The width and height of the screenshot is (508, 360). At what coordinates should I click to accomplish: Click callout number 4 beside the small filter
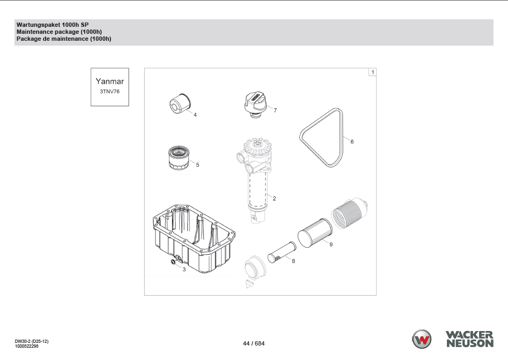[195, 115]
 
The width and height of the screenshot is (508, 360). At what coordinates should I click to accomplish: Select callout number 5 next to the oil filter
[197, 165]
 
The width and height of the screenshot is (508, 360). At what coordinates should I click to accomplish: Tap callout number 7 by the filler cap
[275, 111]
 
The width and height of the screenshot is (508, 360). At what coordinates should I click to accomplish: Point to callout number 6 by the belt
[352, 142]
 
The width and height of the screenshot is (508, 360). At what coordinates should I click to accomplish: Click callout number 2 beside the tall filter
[274, 199]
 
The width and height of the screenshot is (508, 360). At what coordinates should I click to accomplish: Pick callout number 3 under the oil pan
[184, 269]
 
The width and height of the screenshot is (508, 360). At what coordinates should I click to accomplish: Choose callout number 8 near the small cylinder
[293, 261]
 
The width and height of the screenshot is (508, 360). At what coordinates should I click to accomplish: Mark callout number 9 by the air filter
[331, 244]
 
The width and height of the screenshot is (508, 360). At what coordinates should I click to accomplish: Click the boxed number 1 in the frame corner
[373, 72]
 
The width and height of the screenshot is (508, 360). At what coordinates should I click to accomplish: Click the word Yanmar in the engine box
[109, 82]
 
